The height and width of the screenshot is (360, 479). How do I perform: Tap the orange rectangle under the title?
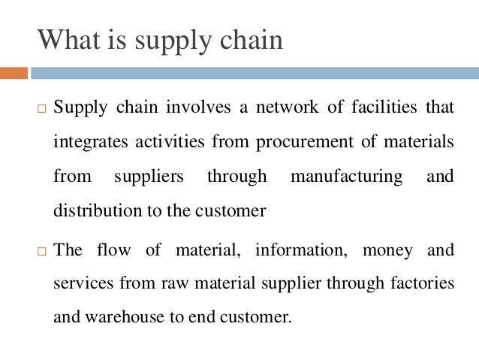click(x=14, y=74)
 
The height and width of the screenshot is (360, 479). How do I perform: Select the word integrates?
click(x=89, y=143)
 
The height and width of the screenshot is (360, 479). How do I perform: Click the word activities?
click(x=170, y=143)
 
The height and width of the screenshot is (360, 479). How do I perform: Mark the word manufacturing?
click(x=346, y=177)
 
